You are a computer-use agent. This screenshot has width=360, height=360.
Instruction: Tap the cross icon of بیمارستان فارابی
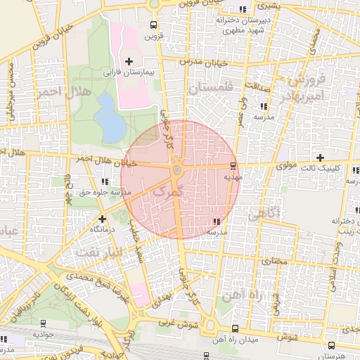click(129, 62)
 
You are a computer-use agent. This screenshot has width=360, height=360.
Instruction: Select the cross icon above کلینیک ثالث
click(321, 157)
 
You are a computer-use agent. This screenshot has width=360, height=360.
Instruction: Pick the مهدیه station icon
click(233, 166)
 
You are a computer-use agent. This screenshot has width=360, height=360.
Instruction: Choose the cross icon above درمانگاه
click(103, 219)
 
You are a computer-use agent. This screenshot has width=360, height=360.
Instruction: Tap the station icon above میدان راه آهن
click(235, 328)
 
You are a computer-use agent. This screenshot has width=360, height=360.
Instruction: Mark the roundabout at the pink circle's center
click(177, 171)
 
